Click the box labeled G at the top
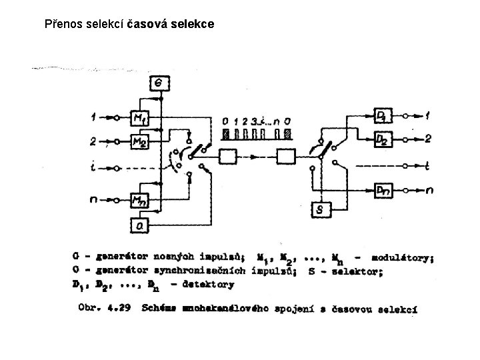[159, 83]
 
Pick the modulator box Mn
[141, 198]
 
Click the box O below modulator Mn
[141, 225]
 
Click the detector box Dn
[383, 190]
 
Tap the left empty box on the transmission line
[228, 157]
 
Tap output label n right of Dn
[429, 191]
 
